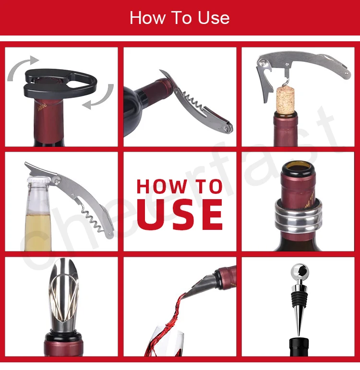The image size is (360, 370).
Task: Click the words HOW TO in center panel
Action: pos(180,186)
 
